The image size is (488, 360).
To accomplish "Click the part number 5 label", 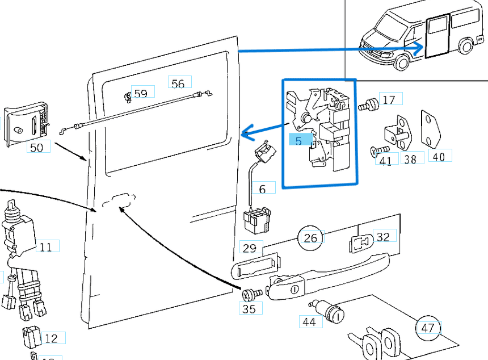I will pos(298,141).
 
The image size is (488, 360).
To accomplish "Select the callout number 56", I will pos(178,83).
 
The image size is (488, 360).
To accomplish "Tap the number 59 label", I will pos(141,93).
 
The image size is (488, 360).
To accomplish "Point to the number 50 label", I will pos(36,148).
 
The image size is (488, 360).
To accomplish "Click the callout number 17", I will pos(389,99).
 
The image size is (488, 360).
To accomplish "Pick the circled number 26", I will pos(310,237).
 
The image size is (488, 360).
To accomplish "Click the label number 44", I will pos(309,322).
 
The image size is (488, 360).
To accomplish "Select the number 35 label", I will pos(249,309).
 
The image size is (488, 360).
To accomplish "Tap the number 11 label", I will pos(46,247).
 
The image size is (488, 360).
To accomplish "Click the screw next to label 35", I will pos(252,294).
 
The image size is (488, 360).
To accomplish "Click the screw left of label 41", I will pos(376,150).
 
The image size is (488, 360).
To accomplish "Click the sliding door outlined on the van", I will pos(436,35).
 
